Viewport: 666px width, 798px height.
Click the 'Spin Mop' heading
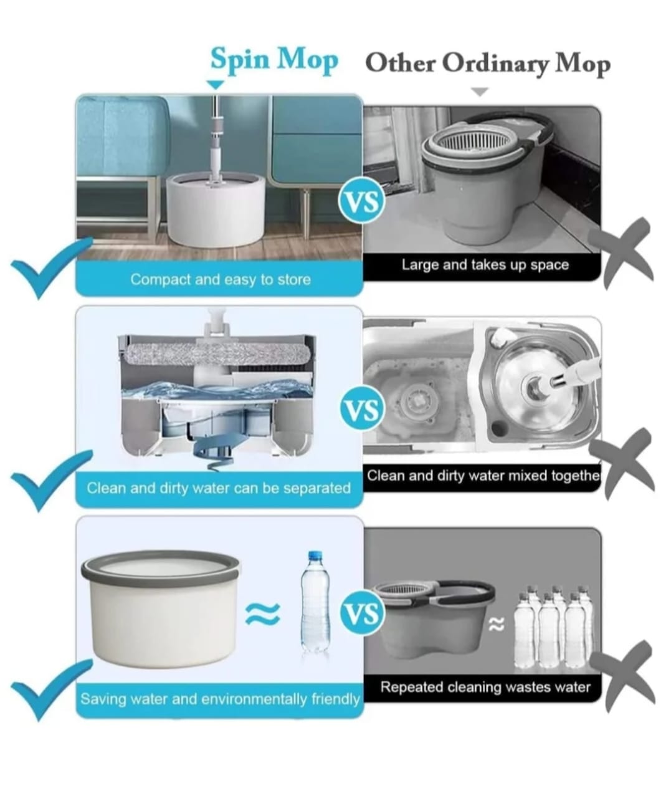[x=274, y=60]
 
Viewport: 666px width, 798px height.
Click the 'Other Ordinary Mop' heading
[x=488, y=63]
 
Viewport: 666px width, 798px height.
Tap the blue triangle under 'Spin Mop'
[x=216, y=85]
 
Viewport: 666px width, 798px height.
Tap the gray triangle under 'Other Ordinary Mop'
[x=480, y=92]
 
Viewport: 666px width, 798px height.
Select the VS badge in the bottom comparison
[x=362, y=614]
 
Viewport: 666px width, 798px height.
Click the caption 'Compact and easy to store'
[x=221, y=280]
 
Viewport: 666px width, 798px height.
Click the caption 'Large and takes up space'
[x=485, y=265]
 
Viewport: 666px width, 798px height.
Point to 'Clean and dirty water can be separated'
[x=219, y=488]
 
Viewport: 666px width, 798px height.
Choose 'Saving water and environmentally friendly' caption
[x=220, y=699]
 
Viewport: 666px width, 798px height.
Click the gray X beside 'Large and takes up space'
[x=621, y=254]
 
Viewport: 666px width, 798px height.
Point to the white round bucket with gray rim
[x=161, y=608]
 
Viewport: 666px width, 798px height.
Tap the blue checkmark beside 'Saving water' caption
[x=52, y=692]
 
